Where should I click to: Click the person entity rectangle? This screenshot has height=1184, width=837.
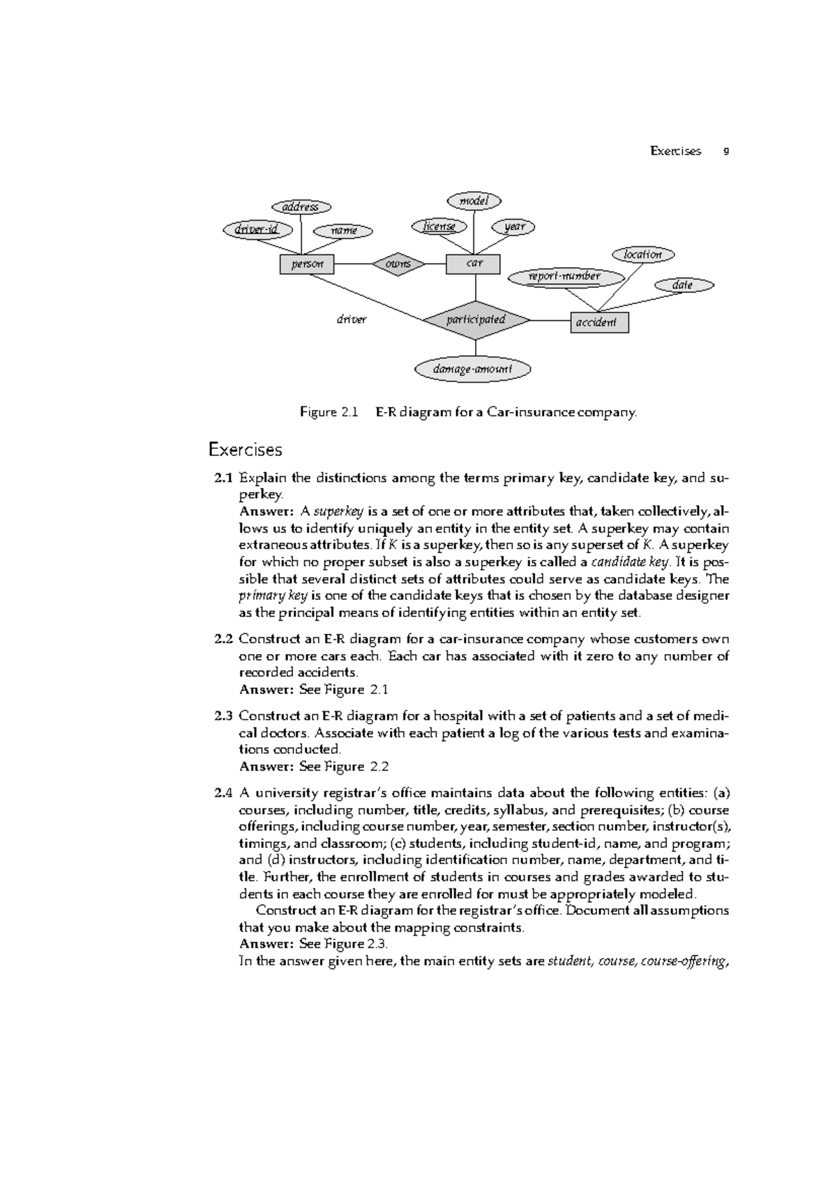pos(306,264)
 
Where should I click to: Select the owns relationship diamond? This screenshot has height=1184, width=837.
pos(398,264)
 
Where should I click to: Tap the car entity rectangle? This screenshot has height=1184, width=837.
pos(473,264)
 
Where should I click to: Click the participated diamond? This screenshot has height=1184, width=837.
pos(476,320)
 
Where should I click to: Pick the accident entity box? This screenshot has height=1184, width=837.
pos(599,322)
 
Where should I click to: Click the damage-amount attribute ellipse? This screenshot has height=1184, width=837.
pos(473,369)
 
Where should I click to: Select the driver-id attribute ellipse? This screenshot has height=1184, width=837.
pos(256,229)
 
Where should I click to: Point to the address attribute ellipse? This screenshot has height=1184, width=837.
pos(301,206)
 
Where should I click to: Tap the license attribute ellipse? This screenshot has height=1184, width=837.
pos(439,226)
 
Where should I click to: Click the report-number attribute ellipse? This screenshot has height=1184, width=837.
pos(564,276)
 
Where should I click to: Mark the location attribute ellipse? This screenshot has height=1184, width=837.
pos(642,255)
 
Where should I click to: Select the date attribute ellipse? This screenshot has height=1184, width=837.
pos(684,284)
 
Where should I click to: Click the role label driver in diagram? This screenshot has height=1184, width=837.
pos(351,319)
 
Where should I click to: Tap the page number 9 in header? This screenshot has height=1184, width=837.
pos(726,151)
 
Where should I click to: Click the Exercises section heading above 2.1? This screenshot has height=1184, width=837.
pos(245,450)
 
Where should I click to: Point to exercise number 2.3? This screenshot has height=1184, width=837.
pos(223,715)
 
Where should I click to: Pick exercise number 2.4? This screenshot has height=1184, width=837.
pos(223,793)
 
